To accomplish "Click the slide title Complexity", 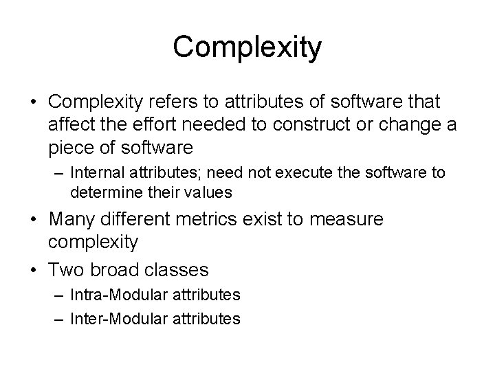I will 247,47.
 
